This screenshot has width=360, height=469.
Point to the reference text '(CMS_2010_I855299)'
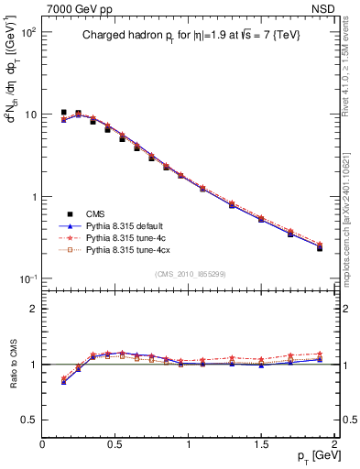point(189,274)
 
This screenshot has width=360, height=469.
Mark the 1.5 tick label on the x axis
point(261,444)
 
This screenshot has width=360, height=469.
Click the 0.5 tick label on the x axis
point(115,444)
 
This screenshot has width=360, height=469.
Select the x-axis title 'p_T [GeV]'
point(312,456)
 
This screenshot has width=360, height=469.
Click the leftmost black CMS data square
point(63,113)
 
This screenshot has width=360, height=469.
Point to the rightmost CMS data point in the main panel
point(320,248)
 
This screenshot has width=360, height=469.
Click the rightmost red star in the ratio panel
point(320,354)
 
